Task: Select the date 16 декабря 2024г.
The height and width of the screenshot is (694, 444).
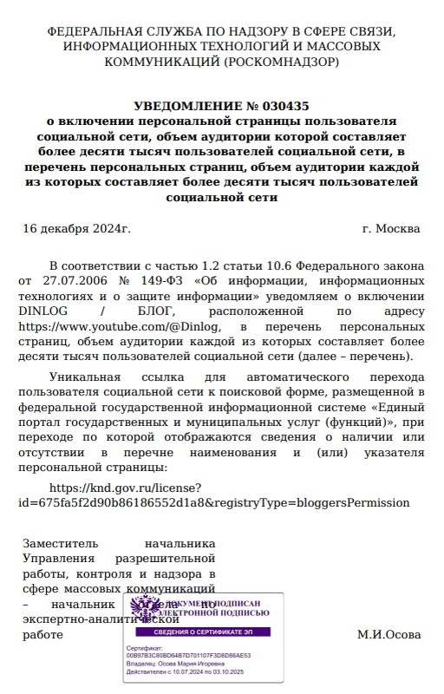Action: [x=76, y=229]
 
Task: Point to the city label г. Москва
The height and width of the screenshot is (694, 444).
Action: [x=391, y=229]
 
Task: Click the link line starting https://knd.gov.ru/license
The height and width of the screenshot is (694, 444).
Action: [x=127, y=488]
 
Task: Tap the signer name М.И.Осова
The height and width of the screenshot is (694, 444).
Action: [x=388, y=634]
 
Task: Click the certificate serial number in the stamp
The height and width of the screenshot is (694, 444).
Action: [x=189, y=656]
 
